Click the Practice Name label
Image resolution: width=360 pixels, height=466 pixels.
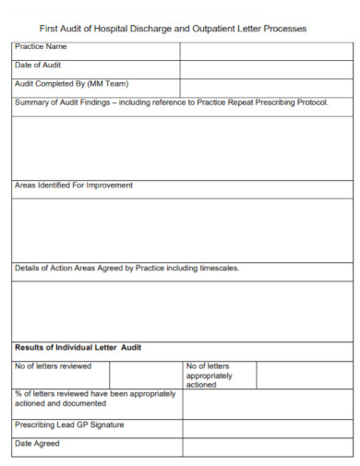point(42,47)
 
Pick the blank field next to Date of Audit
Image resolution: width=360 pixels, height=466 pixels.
point(266,69)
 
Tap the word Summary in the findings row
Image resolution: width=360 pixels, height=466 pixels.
point(32,102)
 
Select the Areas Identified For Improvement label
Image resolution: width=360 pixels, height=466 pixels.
point(74,185)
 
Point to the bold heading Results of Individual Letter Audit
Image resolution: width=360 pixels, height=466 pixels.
point(78,348)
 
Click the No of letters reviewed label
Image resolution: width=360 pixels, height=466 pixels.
point(53,366)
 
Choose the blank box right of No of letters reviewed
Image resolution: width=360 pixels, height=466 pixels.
point(146,374)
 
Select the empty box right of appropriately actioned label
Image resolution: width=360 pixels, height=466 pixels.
point(303,374)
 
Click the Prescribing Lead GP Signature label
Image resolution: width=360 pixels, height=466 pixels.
point(69,425)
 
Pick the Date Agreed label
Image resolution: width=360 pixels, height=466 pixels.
point(37,444)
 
